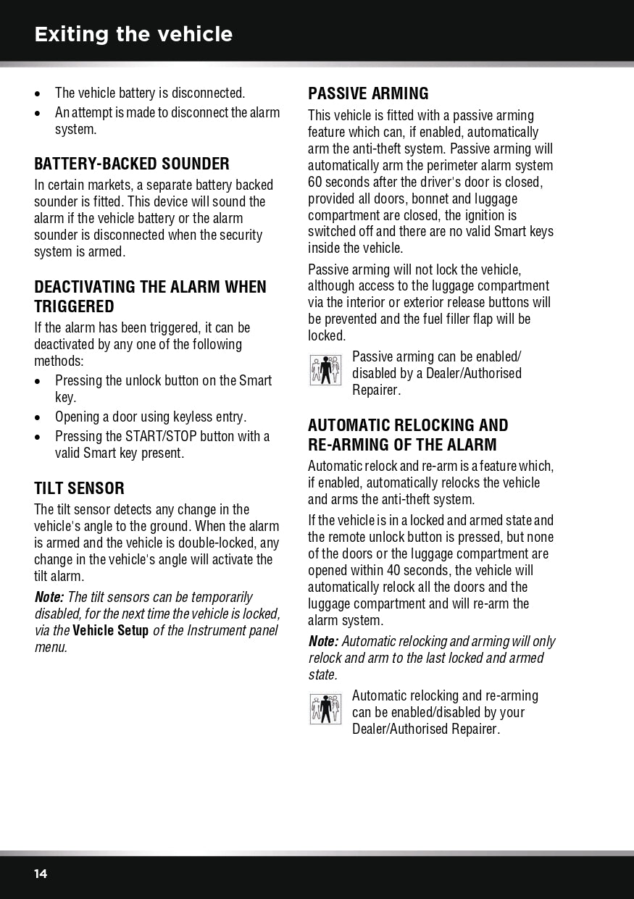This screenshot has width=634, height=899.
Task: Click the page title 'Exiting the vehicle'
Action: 133,34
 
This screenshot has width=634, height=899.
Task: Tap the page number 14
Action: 41,874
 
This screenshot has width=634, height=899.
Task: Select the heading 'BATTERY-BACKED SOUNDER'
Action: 132,164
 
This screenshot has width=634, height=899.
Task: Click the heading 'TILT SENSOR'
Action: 79,488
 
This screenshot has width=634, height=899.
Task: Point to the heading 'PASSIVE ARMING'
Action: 368,93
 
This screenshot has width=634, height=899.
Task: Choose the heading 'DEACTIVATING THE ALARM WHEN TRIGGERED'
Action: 150,296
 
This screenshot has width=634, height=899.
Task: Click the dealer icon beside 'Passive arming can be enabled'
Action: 325,370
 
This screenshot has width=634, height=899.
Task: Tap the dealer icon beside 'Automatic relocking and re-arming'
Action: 325,709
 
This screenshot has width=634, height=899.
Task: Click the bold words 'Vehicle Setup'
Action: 110,630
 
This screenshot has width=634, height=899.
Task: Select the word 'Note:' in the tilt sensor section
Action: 49,597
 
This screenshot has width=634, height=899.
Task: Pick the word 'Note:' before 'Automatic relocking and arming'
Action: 323,641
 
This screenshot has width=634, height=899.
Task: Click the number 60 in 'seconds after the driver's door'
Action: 316,182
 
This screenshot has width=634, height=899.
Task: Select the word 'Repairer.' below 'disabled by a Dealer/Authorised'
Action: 376,390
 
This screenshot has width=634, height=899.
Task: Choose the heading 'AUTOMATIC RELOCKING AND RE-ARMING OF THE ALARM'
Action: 408,435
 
